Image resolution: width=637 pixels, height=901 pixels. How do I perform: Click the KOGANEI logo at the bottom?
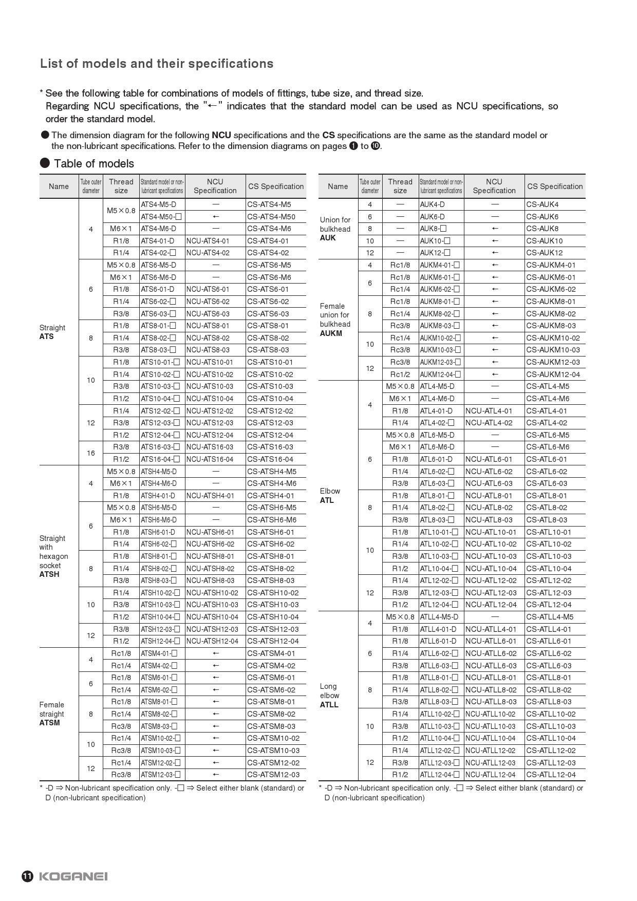click(73, 876)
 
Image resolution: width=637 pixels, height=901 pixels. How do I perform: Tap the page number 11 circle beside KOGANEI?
click(27, 876)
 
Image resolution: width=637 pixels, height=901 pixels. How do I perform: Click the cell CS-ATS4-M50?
click(271, 217)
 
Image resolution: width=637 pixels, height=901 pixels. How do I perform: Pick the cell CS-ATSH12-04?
click(273, 641)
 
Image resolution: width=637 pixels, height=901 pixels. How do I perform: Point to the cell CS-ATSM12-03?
click(273, 775)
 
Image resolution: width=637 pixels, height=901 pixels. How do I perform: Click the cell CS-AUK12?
click(544, 253)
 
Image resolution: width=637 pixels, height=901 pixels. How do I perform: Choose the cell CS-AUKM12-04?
click(553, 374)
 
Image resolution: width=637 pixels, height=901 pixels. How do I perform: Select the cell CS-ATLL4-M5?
click(550, 617)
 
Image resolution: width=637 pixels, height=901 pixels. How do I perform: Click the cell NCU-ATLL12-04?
click(491, 775)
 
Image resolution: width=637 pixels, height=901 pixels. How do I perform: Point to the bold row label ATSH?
click(49, 574)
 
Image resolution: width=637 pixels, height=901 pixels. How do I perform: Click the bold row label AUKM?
click(331, 333)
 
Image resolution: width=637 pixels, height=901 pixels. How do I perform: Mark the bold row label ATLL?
click(329, 705)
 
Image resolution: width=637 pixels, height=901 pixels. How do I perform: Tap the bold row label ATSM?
click(49, 723)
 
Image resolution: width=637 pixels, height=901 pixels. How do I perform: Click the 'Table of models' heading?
click(93, 164)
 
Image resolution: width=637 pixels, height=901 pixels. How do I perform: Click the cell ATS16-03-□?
click(160, 447)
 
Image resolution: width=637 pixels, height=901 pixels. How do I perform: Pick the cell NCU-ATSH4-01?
click(210, 496)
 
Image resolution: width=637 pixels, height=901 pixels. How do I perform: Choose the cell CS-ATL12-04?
click(549, 605)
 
